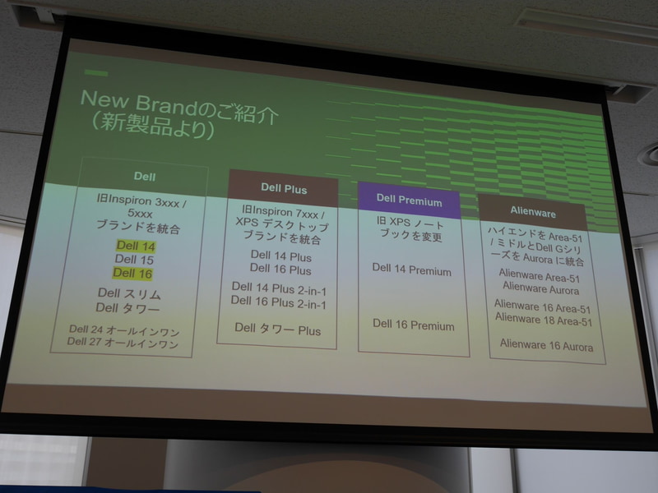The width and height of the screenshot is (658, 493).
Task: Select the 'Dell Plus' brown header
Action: tap(284, 189)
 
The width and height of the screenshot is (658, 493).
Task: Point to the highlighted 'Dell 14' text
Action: tap(135, 246)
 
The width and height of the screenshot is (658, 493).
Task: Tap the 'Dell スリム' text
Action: tap(128, 293)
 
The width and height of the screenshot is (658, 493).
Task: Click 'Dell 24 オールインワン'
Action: tap(123, 330)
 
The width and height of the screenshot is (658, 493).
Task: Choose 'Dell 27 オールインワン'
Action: tap(123, 344)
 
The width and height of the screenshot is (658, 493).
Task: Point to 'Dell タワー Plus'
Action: tap(277, 329)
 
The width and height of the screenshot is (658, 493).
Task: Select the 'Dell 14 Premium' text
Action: tap(411, 270)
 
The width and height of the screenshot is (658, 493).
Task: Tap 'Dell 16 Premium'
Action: tap(413, 325)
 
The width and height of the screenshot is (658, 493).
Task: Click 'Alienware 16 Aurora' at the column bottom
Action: tap(546, 346)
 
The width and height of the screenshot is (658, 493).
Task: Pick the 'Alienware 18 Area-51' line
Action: tap(543, 320)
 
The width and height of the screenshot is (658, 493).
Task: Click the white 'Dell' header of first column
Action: tap(145, 175)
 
